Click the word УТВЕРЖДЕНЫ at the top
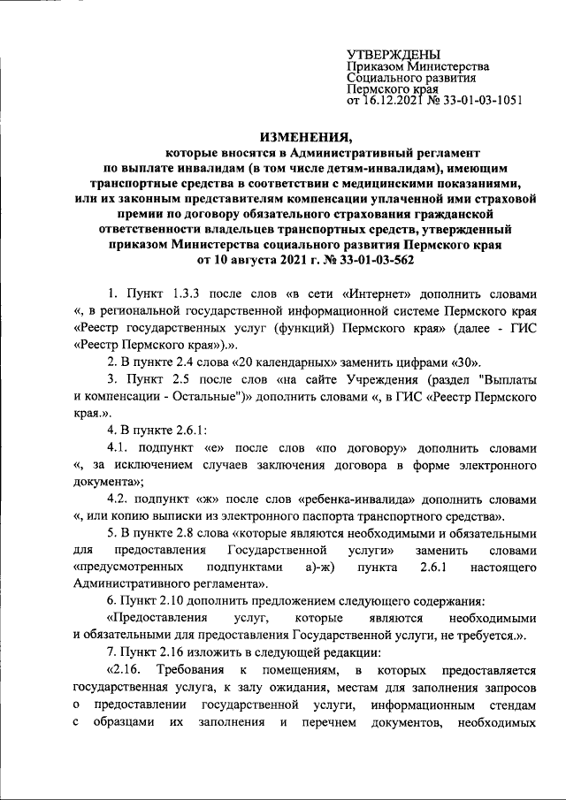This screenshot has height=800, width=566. point(393,56)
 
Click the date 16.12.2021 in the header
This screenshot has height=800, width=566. point(394,101)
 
